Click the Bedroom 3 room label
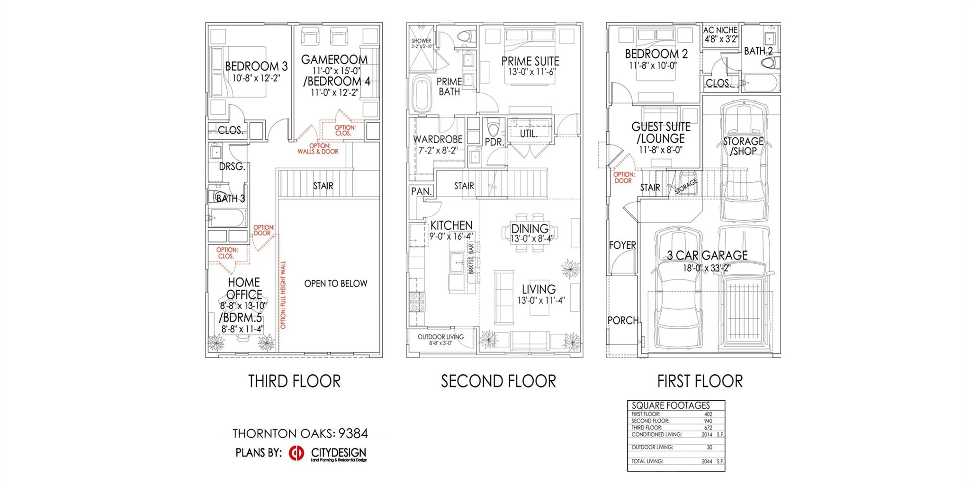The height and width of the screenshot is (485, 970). [256, 66]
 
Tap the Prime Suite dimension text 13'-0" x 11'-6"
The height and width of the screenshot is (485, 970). [530, 72]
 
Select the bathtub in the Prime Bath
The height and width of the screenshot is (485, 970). [422, 94]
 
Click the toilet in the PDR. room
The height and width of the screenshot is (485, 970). [493, 127]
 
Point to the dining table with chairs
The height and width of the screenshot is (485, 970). [530, 233]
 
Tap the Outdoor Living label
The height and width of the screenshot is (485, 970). [440, 337]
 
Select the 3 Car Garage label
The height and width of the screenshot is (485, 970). [707, 255]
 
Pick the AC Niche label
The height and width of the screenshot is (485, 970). [720, 30]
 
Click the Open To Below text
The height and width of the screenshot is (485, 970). [335, 284]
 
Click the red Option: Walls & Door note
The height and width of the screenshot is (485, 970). [318, 149]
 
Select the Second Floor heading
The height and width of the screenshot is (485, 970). [498, 381]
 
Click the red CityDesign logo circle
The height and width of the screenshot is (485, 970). [296, 453]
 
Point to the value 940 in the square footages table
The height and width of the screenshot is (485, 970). [708, 421]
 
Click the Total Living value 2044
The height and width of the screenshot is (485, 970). [708, 461]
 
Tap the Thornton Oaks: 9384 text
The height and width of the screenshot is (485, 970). [300, 433]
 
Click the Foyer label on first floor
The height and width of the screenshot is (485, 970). [622, 245]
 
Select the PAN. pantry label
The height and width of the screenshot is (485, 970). [421, 192]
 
